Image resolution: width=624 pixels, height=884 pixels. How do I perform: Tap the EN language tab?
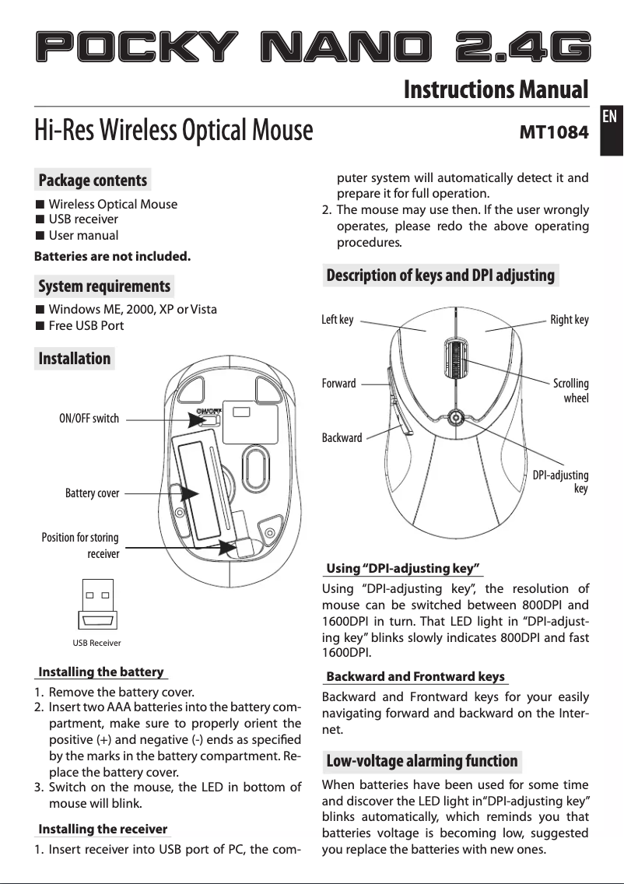pyautogui.click(x=610, y=117)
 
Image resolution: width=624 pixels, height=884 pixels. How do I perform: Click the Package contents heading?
pyautogui.click(x=93, y=181)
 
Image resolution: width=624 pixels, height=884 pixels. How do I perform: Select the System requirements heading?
pyautogui.click(x=104, y=286)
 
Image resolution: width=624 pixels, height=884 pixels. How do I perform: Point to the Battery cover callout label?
pyautogui.click(x=92, y=493)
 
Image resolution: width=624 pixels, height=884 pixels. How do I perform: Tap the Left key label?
pyautogui.click(x=337, y=319)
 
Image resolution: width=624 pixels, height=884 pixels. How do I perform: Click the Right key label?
pyautogui.click(x=570, y=319)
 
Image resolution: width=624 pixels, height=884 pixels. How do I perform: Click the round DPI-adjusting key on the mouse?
pyautogui.click(x=457, y=416)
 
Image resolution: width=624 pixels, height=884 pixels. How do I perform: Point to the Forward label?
pyautogui.click(x=338, y=384)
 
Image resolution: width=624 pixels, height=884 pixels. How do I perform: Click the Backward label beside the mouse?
pyautogui.click(x=342, y=438)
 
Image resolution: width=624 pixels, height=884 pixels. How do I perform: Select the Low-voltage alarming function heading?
pyautogui.click(x=422, y=760)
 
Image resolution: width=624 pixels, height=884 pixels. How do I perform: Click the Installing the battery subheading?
pyautogui.click(x=101, y=672)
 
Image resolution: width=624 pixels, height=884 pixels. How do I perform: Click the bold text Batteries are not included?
pyautogui.click(x=112, y=256)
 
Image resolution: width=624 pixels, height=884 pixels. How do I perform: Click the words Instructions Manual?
pyautogui.click(x=496, y=89)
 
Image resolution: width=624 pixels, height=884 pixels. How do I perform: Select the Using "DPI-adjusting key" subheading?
pyautogui.click(x=403, y=567)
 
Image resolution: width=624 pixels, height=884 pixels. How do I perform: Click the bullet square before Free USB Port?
pyautogui.click(x=40, y=325)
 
